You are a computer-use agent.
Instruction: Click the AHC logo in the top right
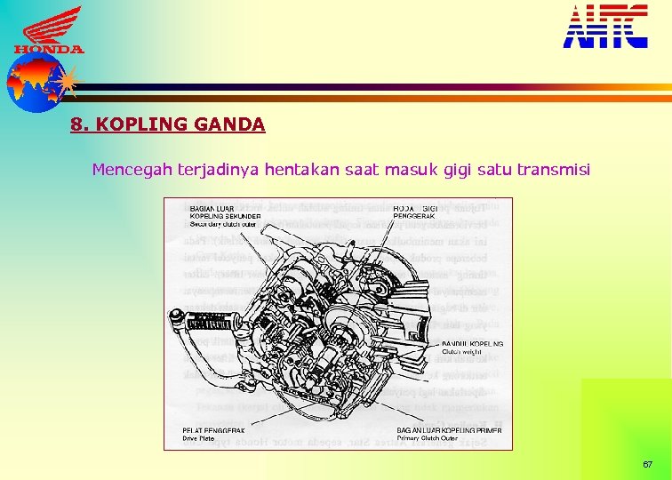tap(605, 26)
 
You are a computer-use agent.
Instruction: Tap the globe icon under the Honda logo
tap(33, 84)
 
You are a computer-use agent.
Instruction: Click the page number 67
tap(647, 465)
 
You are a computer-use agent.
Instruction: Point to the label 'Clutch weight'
tap(460, 352)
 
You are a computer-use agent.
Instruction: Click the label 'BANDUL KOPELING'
tap(472, 343)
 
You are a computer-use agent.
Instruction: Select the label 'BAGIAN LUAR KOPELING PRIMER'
tap(449, 430)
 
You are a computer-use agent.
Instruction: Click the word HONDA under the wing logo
tap(49, 50)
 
